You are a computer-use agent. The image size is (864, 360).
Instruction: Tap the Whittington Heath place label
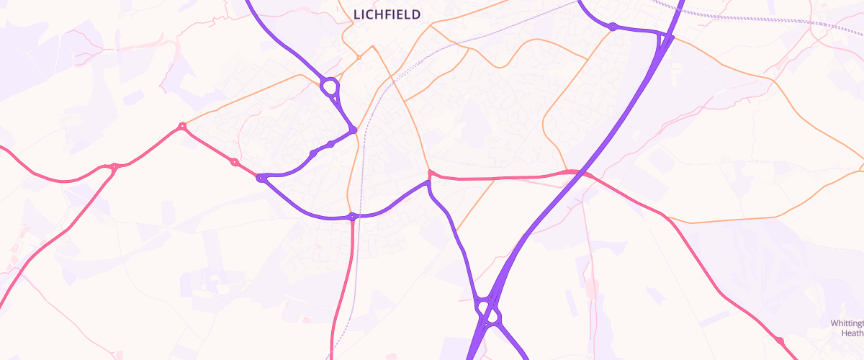coord(847,328)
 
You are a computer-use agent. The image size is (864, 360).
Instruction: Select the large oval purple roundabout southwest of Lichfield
coord(330,88)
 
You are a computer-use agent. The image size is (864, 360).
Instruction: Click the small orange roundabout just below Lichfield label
coord(359,57)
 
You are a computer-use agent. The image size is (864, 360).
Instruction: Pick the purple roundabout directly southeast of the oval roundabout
coord(353,130)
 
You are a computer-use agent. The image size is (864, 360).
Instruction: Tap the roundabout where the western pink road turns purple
coord(261,177)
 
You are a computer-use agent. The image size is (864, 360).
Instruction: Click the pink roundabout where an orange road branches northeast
coord(182,127)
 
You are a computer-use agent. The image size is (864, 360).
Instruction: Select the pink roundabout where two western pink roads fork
coord(114,167)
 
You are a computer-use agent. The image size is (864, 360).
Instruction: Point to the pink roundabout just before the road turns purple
coord(235,162)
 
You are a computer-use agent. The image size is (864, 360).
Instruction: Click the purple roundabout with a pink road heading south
coord(352,216)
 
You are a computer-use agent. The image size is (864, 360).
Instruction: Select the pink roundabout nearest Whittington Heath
coord(779,340)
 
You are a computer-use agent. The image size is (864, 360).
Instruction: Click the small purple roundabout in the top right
coord(612,27)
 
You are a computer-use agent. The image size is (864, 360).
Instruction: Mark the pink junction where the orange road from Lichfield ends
coord(430,174)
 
